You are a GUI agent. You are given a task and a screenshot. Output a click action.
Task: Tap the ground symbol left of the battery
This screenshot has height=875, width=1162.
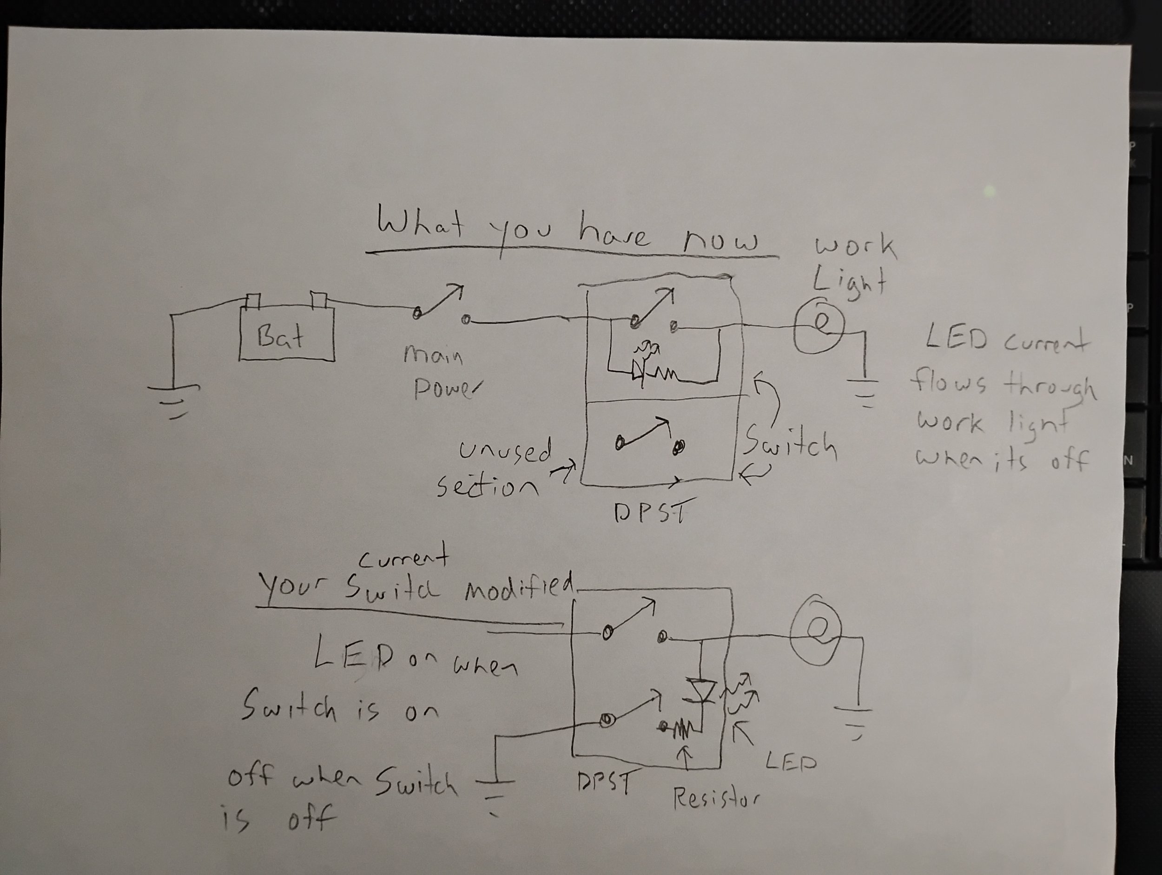coord(173,399)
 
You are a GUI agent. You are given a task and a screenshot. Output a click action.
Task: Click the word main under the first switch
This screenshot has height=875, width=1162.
coord(433,356)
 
